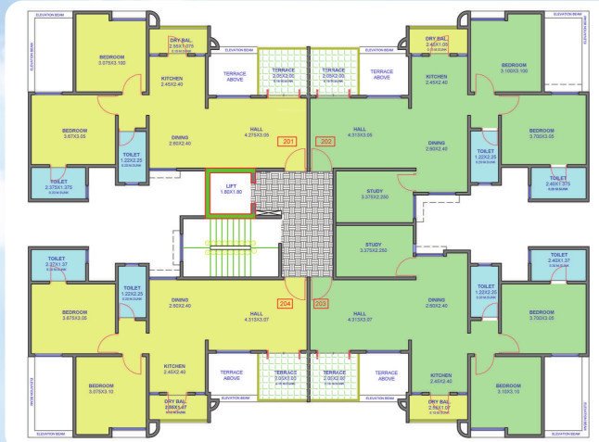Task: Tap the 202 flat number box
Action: pyautogui.click(x=325, y=142)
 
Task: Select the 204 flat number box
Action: pyautogui.click(x=285, y=303)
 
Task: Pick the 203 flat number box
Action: pyautogui.click(x=321, y=303)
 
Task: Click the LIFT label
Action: pyautogui.click(x=230, y=188)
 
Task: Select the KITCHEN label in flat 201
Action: pyautogui.click(x=172, y=79)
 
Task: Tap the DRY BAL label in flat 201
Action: pyautogui.click(x=182, y=40)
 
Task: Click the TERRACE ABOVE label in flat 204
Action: pyautogui.click(x=231, y=374)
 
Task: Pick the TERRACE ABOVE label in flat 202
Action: pyautogui.click(x=381, y=73)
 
